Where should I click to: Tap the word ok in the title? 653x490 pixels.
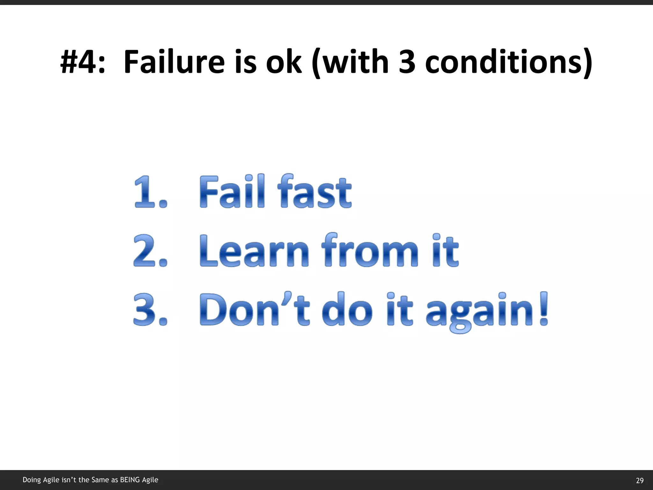click(283, 62)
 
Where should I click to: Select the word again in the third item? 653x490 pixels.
click(480, 311)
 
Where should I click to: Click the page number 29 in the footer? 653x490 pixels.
click(640, 480)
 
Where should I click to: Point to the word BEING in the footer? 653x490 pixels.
click(130, 480)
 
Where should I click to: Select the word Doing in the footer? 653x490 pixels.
click(32, 480)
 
